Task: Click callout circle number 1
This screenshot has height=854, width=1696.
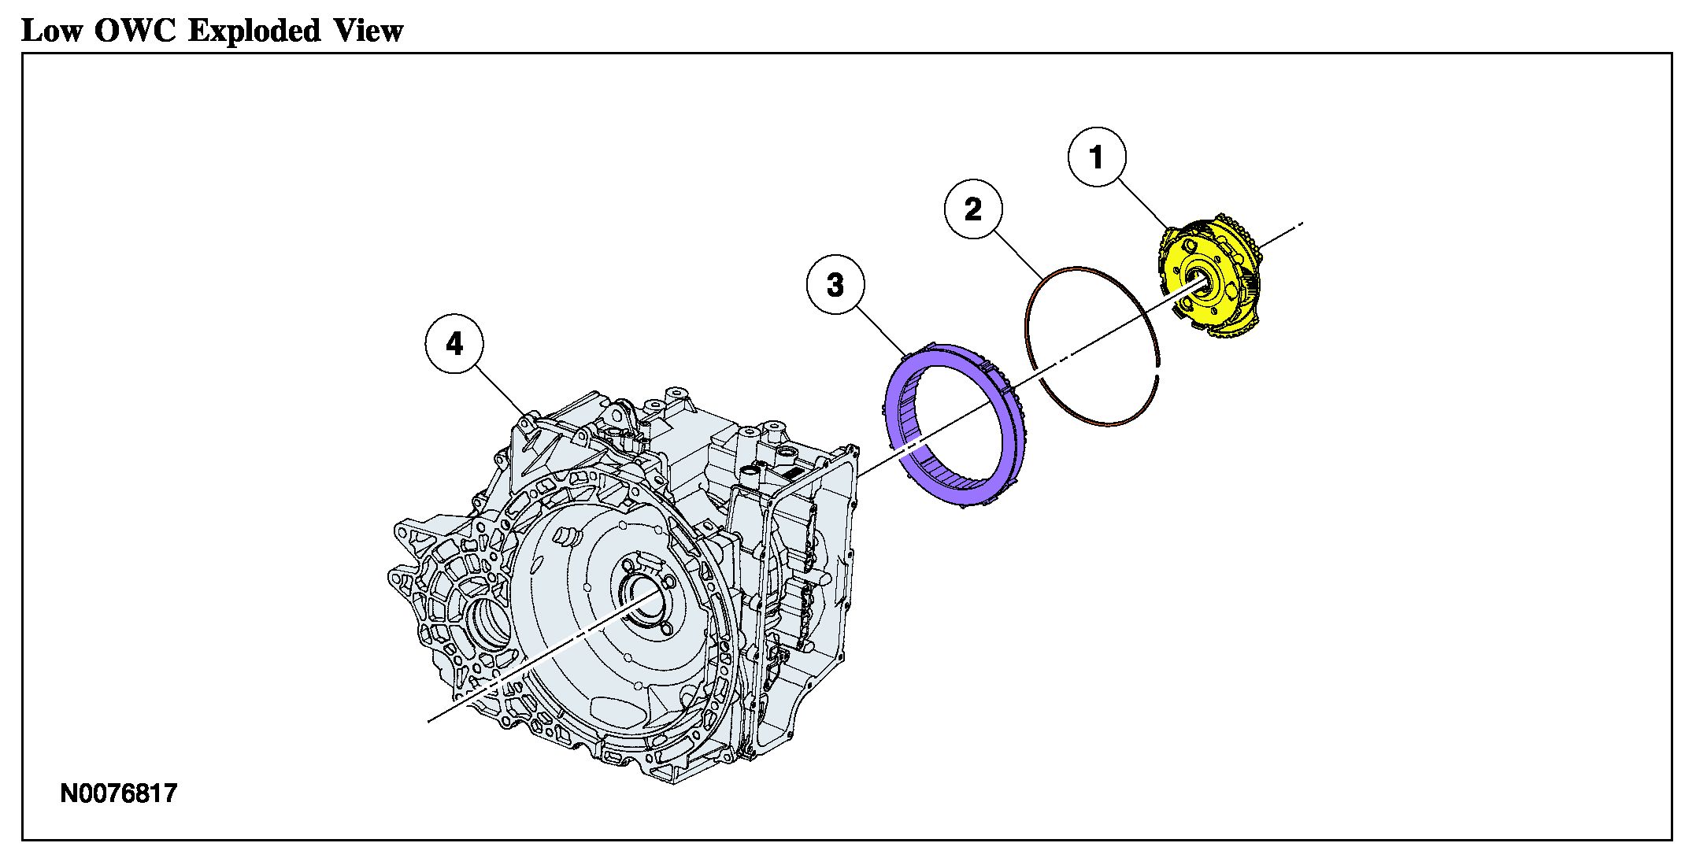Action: [x=1097, y=157]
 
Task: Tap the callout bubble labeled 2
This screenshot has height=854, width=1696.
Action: [x=973, y=209]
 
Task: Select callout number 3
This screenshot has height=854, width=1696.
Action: [x=835, y=285]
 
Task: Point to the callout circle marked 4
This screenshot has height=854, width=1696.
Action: [x=454, y=344]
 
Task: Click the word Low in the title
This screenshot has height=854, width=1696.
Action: [x=51, y=31]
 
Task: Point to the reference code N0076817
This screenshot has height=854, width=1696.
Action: [x=119, y=793]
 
